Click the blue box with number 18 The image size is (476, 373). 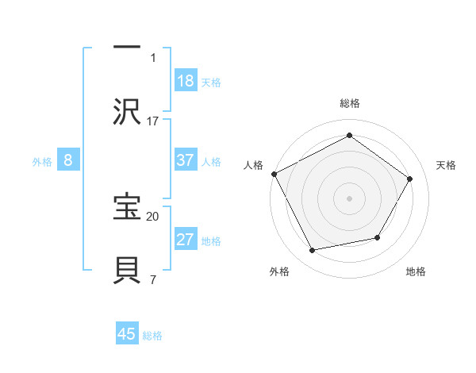click(x=185, y=81)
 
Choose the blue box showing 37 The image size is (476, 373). click(x=185, y=160)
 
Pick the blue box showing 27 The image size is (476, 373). click(x=185, y=240)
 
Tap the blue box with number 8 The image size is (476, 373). click(x=68, y=160)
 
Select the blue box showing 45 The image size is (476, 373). click(x=127, y=334)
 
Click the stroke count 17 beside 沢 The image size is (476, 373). click(x=153, y=121)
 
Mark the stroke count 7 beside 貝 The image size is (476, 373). click(x=153, y=279)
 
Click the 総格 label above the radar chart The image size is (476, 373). click(x=349, y=103)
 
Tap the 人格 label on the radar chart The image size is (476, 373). click(x=254, y=165)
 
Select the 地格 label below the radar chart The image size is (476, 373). click(x=416, y=271)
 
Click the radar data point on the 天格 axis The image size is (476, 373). click(x=410, y=179)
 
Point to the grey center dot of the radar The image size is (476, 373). click(x=349, y=198)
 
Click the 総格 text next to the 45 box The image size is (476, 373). click(x=152, y=336)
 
